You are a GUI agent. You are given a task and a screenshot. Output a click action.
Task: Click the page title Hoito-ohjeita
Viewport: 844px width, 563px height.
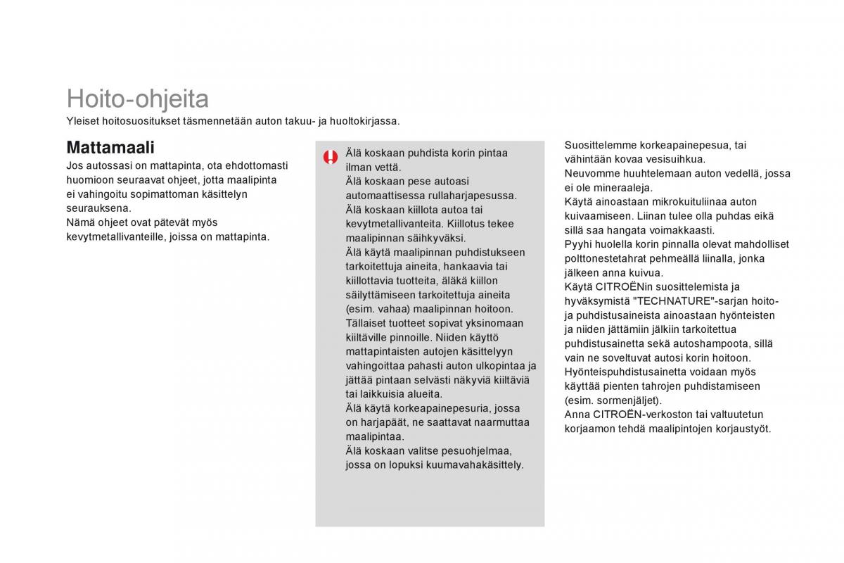(137, 99)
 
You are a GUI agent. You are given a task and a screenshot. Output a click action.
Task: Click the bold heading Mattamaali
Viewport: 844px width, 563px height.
(110, 147)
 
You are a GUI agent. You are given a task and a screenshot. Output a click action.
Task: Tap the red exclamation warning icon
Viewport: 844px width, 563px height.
(331, 157)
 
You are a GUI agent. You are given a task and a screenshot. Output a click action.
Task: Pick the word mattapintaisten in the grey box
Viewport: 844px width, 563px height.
(384, 351)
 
